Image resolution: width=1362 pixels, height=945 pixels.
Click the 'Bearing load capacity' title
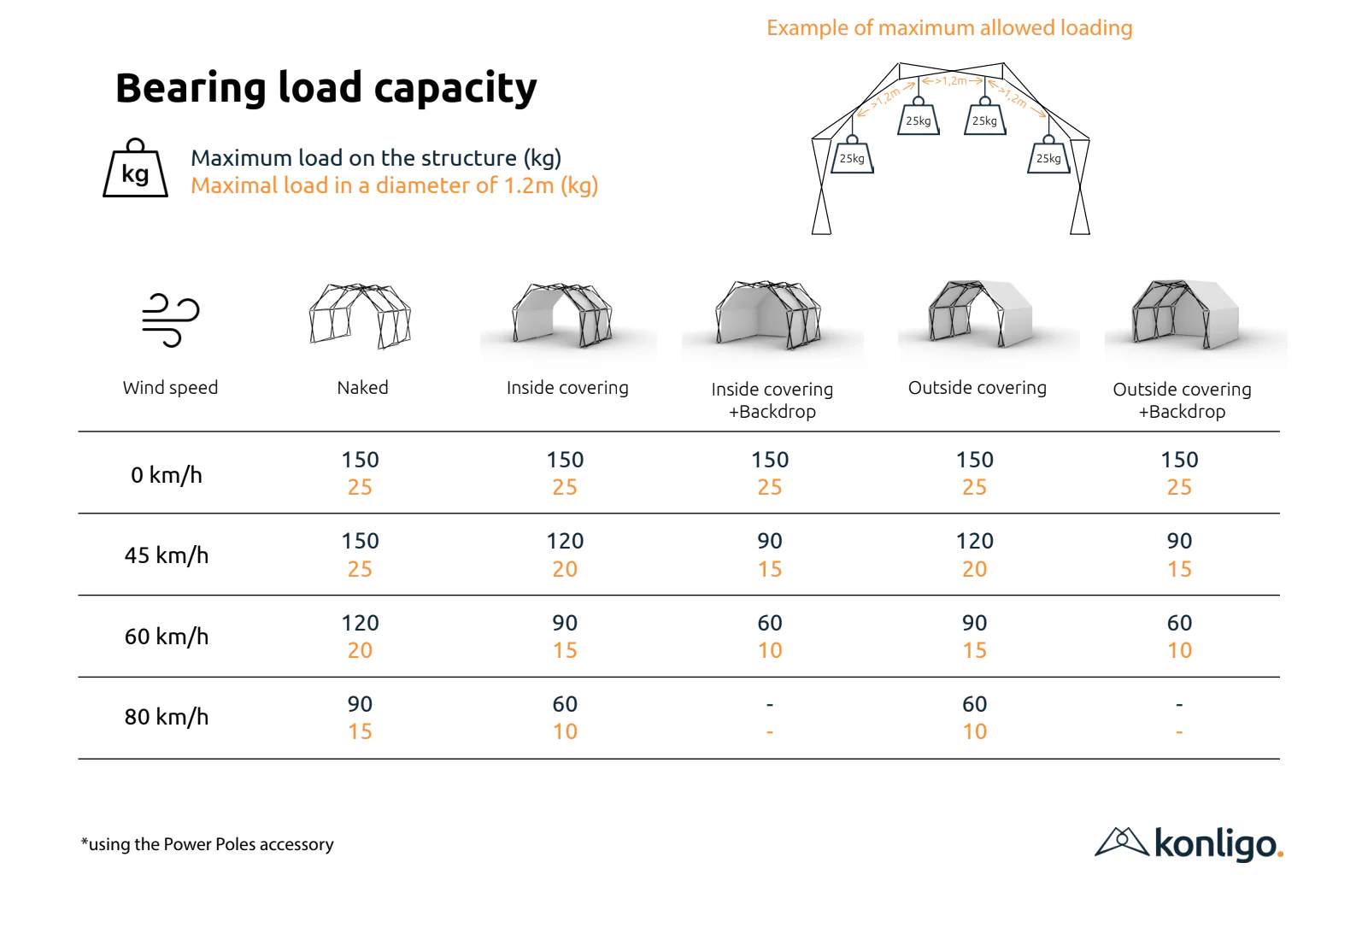click(x=326, y=88)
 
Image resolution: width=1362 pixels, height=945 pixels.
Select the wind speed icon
click(x=170, y=320)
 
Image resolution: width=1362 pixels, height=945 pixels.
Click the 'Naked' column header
click(x=362, y=388)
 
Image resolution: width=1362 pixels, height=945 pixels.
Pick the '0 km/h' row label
click(x=167, y=475)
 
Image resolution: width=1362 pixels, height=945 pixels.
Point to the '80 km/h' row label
click(x=167, y=717)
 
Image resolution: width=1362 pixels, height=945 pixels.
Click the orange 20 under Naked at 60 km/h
click(x=360, y=651)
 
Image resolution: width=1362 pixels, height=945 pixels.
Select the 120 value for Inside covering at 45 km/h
click(x=565, y=541)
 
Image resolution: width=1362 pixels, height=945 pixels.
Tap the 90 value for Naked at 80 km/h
click(x=360, y=704)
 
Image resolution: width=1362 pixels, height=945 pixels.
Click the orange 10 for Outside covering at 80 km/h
click(x=974, y=732)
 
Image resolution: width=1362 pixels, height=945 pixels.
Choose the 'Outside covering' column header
click(x=977, y=388)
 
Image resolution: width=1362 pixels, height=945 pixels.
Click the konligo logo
click(x=1189, y=843)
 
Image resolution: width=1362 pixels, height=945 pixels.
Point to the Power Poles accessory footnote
click(x=208, y=844)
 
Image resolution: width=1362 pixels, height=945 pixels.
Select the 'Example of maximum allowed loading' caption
click(x=948, y=28)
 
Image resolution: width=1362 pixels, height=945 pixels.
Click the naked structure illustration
click(x=361, y=315)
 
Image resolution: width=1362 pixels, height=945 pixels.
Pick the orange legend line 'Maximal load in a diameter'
click(x=394, y=185)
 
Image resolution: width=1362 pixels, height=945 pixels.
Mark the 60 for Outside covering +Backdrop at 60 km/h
click(x=1179, y=623)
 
